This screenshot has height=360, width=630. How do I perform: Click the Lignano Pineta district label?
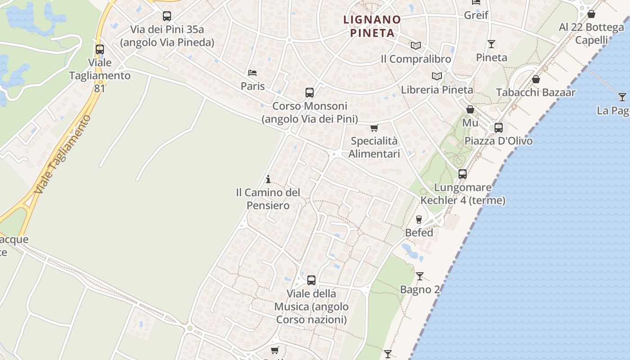[x=372, y=26]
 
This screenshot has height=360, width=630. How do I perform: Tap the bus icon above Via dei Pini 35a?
[x=167, y=16]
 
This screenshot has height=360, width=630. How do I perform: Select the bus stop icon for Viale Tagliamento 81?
[x=100, y=49]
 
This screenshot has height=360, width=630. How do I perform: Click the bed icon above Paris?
[x=252, y=73]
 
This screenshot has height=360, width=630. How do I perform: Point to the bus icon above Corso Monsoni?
[x=310, y=93]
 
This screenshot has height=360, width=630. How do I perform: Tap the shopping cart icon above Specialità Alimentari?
[x=374, y=128]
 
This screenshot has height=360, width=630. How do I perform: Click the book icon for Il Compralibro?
[x=416, y=46]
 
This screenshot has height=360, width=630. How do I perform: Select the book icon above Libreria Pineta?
[x=436, y=76]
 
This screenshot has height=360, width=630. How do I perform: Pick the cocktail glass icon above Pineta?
[x=491, y=44]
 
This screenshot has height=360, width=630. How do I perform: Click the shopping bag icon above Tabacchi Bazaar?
[x=536, y=80]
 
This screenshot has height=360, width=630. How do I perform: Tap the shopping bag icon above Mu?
[x=470, y=109]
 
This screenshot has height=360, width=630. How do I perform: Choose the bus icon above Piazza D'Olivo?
[x=499, y=128]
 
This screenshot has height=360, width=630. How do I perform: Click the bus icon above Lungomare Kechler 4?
[x=463, y=174]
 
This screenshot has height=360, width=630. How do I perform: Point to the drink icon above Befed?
[x=419, y=220]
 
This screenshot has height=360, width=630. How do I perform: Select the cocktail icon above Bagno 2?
[x=420, y=276]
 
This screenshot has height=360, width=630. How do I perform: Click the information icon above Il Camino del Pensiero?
[x=268, y=180]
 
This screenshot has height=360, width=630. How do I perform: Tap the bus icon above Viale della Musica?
[x=311, y=280]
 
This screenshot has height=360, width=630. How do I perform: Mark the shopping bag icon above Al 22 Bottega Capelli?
[x=591, y=14]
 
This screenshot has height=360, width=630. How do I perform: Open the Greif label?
[x=476, y=15]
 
